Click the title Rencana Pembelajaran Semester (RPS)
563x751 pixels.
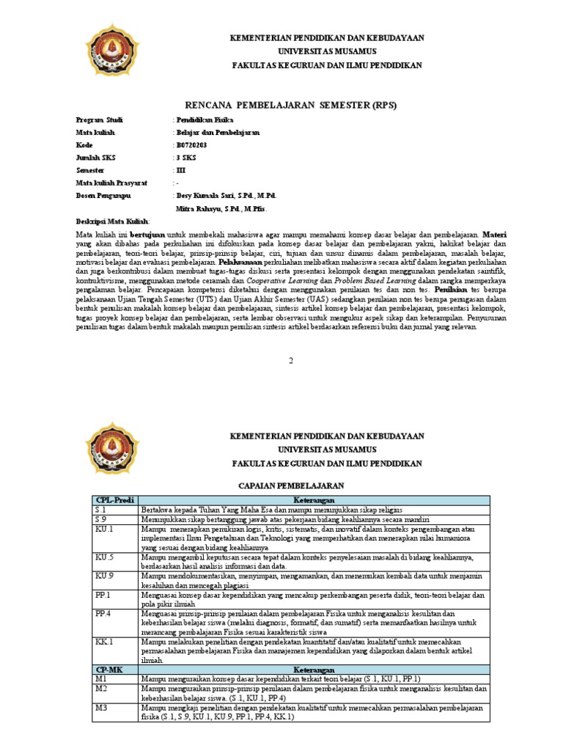point(291,105)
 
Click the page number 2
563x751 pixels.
point(290,361)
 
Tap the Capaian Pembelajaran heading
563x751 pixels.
point(292,486)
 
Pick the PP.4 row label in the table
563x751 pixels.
point(103,612)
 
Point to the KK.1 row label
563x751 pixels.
point(103,641)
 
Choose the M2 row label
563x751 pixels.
point(102,689)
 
